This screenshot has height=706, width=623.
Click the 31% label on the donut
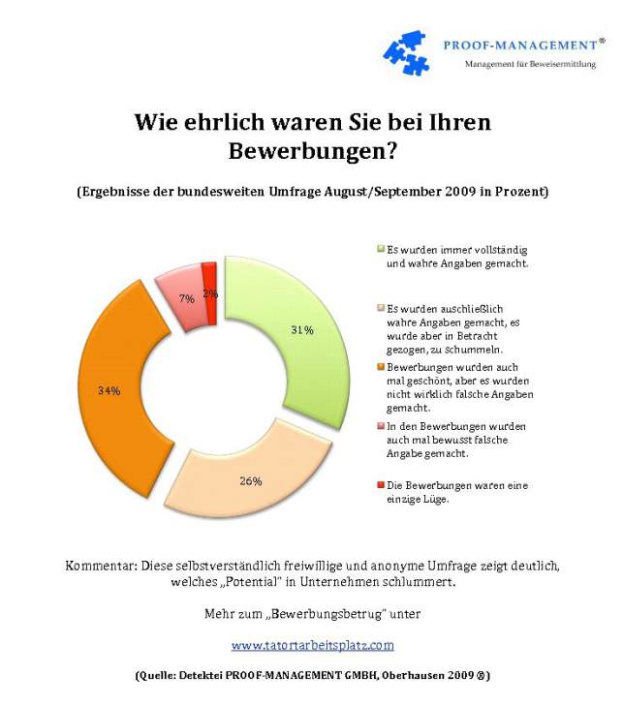(301, 330)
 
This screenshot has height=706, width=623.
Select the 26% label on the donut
(251, 480)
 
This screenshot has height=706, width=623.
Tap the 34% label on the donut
(109, 391)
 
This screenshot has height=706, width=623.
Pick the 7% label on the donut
(187, 299)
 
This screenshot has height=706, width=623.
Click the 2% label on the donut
(211, 292)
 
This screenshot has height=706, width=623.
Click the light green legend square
(379, 249)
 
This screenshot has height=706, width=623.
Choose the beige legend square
(379, 307)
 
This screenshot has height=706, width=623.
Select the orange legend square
(379, 366)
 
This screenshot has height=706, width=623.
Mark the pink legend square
(379, 425)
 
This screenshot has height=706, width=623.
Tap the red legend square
(379, 484)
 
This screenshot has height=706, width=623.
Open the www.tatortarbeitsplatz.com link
(312, 644)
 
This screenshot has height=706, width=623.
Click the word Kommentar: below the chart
(99, 564)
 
